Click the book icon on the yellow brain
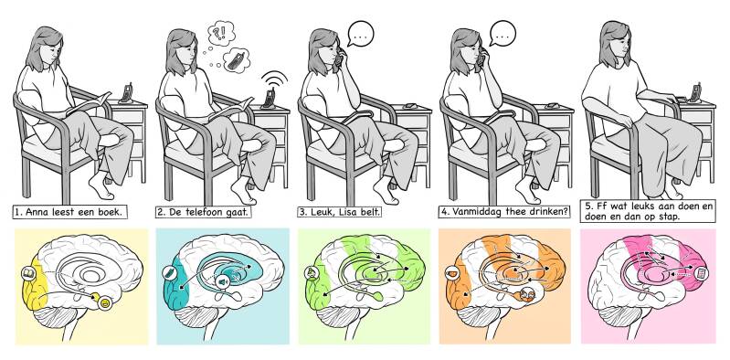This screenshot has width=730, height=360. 27,272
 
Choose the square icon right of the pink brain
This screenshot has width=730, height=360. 701,273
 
